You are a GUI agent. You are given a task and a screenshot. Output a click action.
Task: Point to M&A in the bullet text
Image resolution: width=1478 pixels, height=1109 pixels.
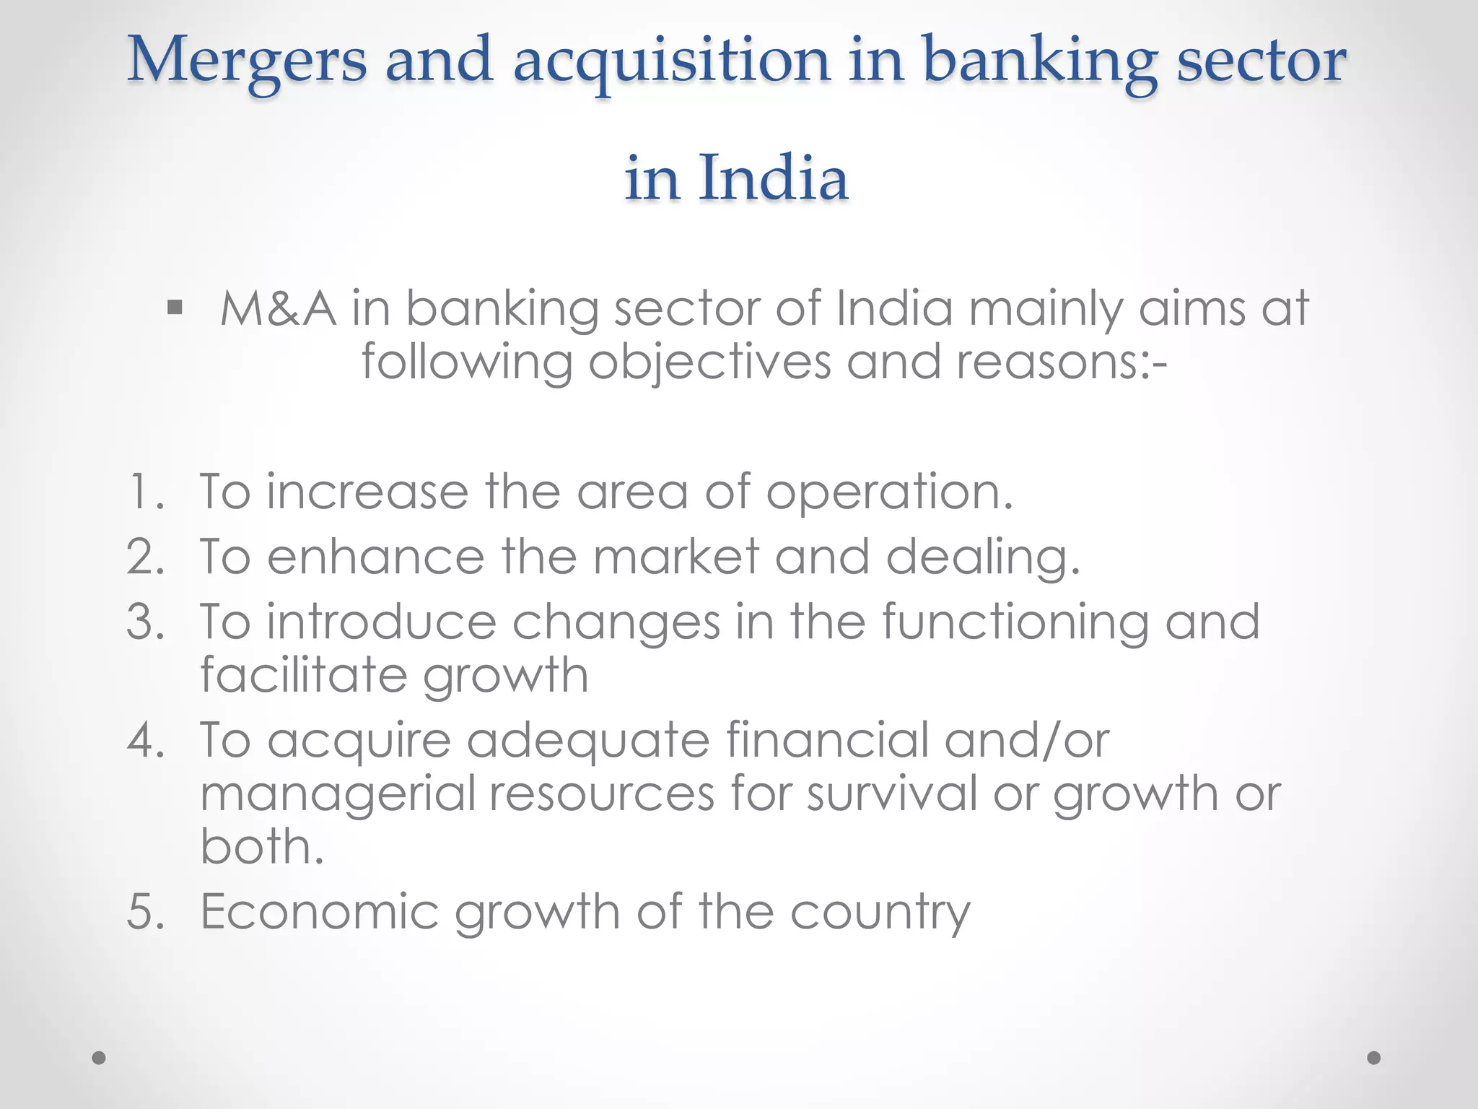(x=278, y=309)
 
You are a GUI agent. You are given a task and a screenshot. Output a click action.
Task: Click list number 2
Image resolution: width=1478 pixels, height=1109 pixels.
(x=144, y=557)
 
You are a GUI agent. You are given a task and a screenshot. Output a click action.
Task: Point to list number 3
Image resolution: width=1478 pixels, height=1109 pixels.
(x=144, y=622)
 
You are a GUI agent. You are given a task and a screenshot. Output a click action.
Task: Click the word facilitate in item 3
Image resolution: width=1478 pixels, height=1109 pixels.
(x=303, y=676)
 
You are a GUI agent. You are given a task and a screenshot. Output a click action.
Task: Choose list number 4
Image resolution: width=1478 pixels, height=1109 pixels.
(x=144, y=741)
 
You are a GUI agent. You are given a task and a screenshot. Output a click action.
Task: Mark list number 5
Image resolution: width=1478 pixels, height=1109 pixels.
(x=144, y=911)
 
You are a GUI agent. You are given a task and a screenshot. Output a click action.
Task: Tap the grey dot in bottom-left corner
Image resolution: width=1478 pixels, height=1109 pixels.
(x=99, y=1058)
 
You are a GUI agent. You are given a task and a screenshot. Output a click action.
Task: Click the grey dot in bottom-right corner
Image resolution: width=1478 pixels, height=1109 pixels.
(x=1374, y=1058)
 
